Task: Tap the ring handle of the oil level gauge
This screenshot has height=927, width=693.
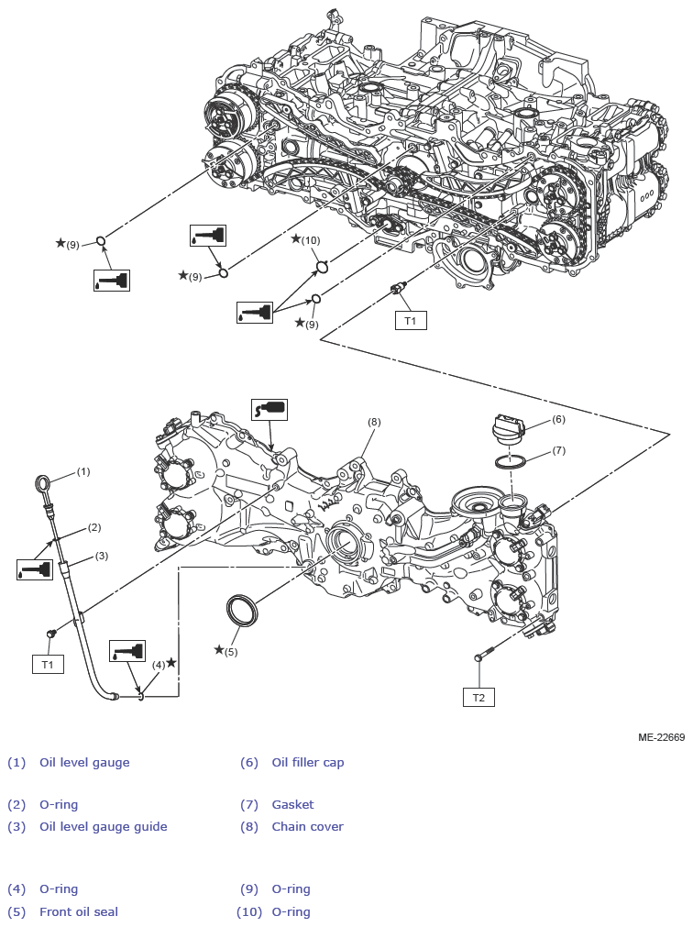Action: coord(43,484)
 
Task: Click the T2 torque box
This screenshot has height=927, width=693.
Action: coord(478,698)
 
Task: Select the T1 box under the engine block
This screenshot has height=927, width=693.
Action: coord(411,321)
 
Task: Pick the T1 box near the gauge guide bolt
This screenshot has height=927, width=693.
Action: coord(48,664)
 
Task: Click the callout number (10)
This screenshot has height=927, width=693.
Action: coord(311,240)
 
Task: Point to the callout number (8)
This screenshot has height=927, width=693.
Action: coord(374,422)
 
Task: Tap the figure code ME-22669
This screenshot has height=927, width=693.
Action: coord(661,737)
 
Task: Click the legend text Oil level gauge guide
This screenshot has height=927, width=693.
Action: coord(103,826)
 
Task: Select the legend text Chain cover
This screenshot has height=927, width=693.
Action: coord(307,826)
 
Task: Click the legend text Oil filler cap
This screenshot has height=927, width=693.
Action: coord(307,762)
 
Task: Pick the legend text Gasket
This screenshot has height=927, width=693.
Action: coord(292,804)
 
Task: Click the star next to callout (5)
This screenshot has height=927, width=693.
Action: coord(218,650)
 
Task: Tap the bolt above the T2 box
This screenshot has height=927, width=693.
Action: coord(484,657)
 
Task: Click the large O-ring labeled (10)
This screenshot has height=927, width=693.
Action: coord(323,267)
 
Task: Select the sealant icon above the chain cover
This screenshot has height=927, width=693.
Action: coord(269,409)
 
